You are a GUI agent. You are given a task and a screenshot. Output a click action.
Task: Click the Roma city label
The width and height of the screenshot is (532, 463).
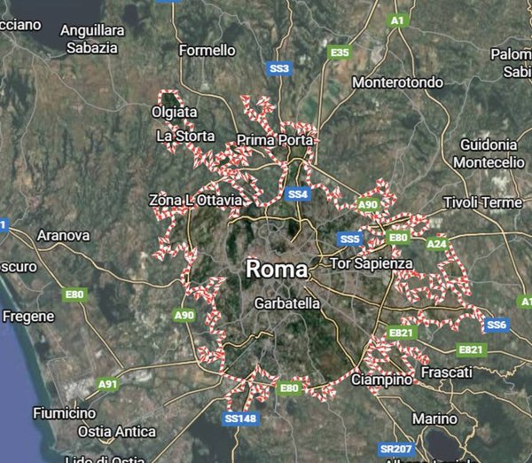tap(277, 269)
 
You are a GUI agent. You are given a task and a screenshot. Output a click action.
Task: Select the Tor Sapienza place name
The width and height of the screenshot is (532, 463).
tap(371, 263)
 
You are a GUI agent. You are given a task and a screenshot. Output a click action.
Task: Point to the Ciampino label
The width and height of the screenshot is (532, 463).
tap(382, 380)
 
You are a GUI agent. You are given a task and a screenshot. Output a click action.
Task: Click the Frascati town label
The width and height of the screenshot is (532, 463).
tap(447, 373)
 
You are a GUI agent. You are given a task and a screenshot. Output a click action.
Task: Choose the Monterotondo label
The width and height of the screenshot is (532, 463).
tap(397, 82)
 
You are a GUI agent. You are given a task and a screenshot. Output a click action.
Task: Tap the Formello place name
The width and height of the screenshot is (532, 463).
tap(207, 51)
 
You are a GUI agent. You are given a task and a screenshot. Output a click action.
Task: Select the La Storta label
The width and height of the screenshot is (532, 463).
tap(185, 137)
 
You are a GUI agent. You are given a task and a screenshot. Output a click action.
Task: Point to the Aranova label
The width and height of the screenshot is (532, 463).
tap(63, 236)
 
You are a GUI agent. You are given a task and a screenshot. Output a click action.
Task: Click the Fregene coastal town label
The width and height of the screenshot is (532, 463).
tap(28, 316)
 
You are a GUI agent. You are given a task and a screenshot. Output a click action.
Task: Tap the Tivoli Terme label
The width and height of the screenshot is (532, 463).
tap(482, 202)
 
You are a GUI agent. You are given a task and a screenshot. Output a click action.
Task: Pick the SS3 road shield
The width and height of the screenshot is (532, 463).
tap(279, 67)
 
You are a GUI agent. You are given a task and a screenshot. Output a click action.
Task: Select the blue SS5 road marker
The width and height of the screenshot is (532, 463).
tap(350, 239)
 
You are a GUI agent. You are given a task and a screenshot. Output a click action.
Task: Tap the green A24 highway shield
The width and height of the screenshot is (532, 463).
tap(436, 243)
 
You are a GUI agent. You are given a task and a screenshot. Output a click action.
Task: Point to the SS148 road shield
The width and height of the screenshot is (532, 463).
tap(240, 418)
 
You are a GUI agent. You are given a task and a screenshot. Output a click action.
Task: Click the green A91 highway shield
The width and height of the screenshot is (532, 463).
tap(107, 384)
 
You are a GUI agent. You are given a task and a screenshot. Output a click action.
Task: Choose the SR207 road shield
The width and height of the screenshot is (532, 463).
tap(389, 450)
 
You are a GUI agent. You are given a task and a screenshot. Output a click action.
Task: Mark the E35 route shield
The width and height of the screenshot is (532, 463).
tap(340, 53)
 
